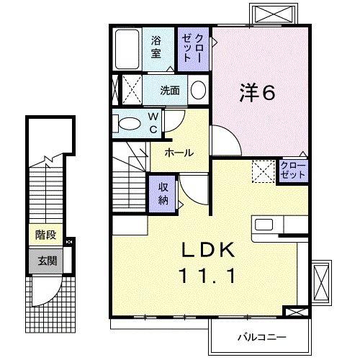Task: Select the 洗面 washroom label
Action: click(x=170, y=90)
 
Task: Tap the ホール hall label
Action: click(x=177, y=153)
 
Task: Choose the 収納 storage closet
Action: click(x=163, y=192)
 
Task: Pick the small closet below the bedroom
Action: click(x=293, y=171)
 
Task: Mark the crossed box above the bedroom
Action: click(x=272, y=15)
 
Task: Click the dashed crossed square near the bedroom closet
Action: click(x=262, y=171)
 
